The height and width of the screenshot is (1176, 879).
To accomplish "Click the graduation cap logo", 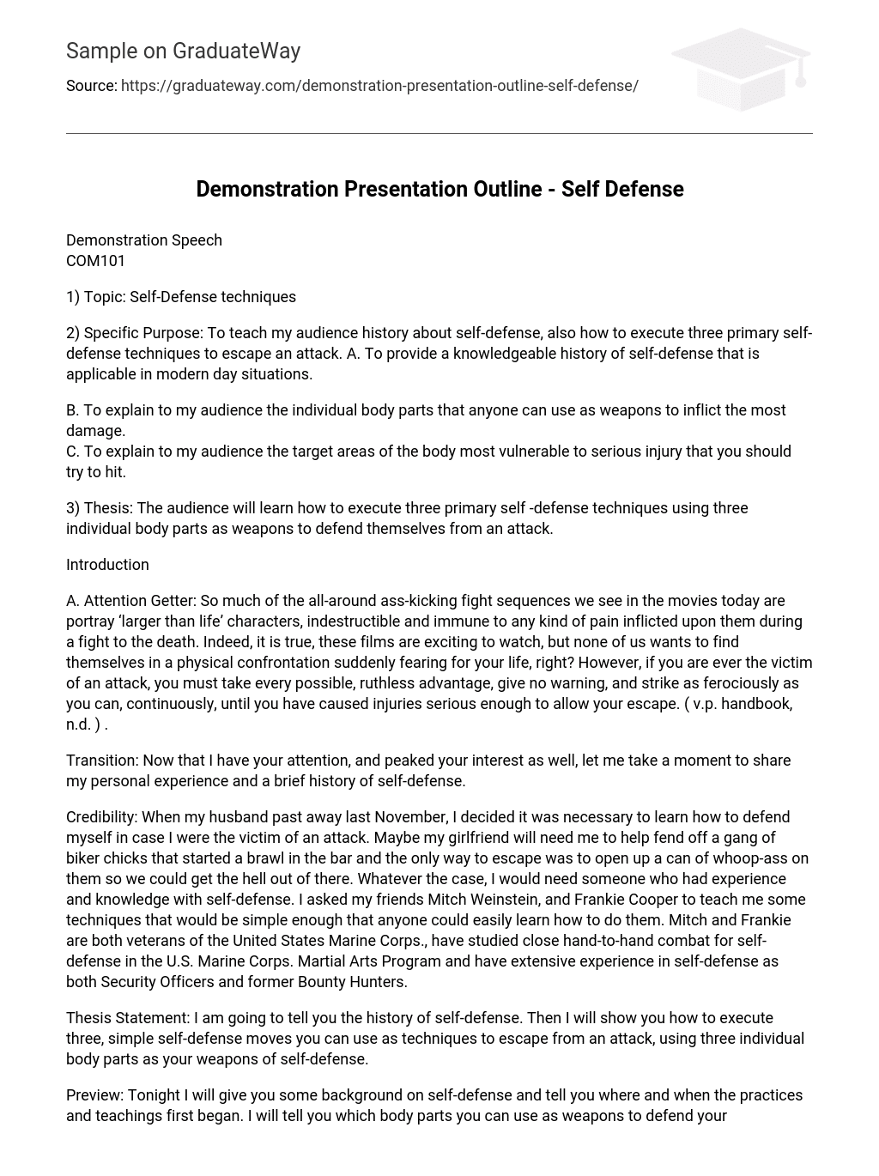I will [x=741, y=69].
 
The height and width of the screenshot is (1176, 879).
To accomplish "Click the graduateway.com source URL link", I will [x=379, y=86].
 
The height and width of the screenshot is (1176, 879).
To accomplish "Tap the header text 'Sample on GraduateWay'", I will [x=183, y=52].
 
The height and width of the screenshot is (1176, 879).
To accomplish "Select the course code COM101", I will [x=95, y=261].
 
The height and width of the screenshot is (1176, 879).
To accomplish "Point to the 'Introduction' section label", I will [x=107, y=565].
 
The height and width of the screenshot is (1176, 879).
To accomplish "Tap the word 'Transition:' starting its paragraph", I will [x=102, y=761].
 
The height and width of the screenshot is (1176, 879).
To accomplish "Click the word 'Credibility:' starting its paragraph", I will [x=101, y=817].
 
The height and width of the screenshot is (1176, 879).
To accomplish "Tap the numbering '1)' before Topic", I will [x=73, y=297].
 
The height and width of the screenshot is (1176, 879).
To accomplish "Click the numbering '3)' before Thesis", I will [x=73, y=508].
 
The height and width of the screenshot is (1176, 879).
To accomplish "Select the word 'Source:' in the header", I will [x=91, y=86].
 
